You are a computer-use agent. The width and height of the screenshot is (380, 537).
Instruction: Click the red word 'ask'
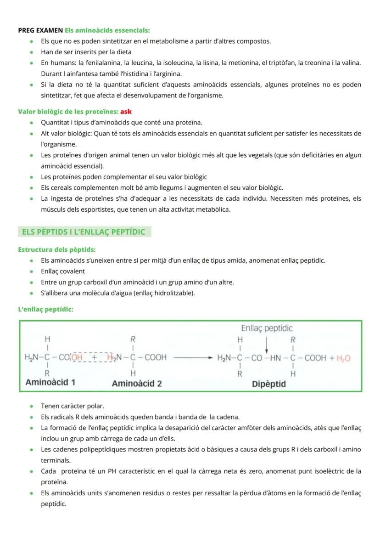click(126, 112)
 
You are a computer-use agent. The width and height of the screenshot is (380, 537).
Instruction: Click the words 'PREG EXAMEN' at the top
click(40, 30)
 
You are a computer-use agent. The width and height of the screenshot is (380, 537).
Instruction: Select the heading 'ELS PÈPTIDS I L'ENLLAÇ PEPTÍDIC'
click(84, 232)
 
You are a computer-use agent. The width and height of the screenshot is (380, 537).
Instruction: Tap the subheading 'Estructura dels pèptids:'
click(57, 249)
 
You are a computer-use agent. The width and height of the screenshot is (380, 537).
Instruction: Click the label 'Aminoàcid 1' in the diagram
click(51, 382)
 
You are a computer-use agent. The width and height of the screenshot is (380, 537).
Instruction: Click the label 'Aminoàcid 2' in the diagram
click(137, 383)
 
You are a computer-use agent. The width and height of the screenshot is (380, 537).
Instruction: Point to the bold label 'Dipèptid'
click(269, 384)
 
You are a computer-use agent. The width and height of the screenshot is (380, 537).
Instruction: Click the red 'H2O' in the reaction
click(343, 358)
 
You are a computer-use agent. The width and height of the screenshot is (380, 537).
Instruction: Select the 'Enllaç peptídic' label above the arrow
click(267, 328)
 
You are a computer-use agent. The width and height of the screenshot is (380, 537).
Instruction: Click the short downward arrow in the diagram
click(267, 345)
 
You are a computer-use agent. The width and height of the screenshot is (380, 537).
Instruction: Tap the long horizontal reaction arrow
click(193, 357)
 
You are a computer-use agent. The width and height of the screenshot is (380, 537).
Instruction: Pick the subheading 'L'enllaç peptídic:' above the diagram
click(45, 309)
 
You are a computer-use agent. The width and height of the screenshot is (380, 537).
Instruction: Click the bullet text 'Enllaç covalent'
click(63, 271)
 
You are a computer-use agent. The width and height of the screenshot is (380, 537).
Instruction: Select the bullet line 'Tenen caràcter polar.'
click(73, 406)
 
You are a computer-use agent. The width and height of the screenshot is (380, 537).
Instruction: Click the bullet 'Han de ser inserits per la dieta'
click(86, 52)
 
